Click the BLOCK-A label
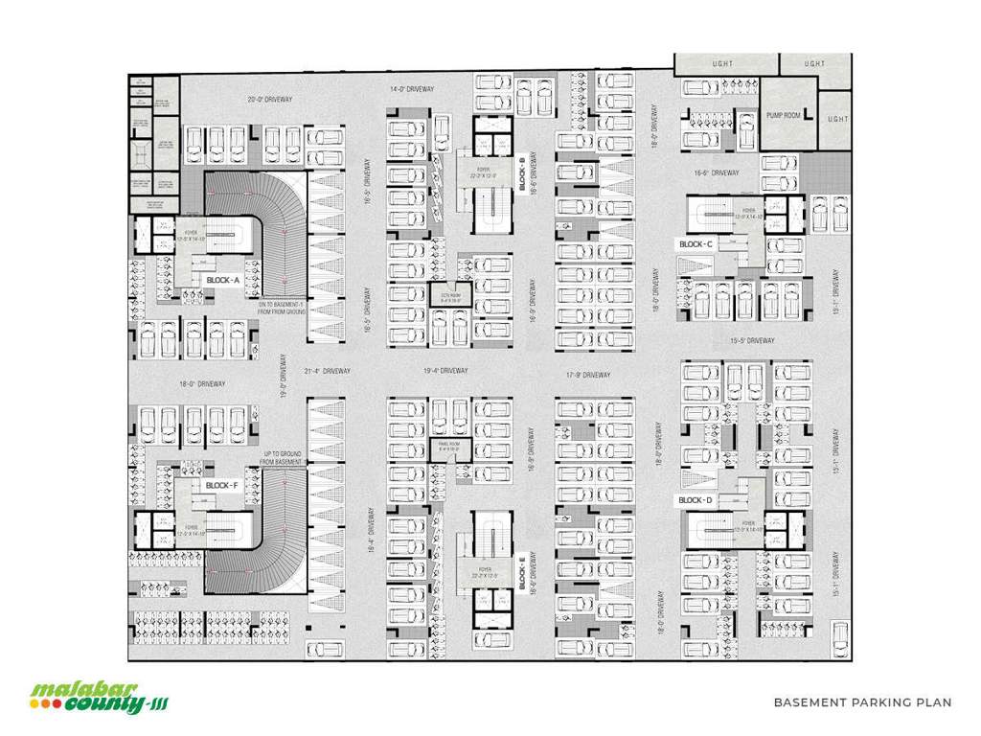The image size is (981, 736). point(222,279)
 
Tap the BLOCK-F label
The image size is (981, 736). point(222,486)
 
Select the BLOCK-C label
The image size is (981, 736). point(696,244)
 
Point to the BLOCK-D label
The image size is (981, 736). point(696,500)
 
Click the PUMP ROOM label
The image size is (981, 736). point(783,115)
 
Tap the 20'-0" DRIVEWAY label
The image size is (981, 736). point(269,99)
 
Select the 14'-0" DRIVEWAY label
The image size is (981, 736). point(412,89)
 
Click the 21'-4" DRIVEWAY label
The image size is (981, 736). point(328,371)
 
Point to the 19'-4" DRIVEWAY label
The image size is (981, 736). point(445,371)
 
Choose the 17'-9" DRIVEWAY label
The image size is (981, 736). point(587,375)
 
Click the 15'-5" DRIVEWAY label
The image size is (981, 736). point(752,340)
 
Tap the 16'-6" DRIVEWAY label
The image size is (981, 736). point(717,172)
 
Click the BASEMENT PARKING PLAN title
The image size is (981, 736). point(862,702)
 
